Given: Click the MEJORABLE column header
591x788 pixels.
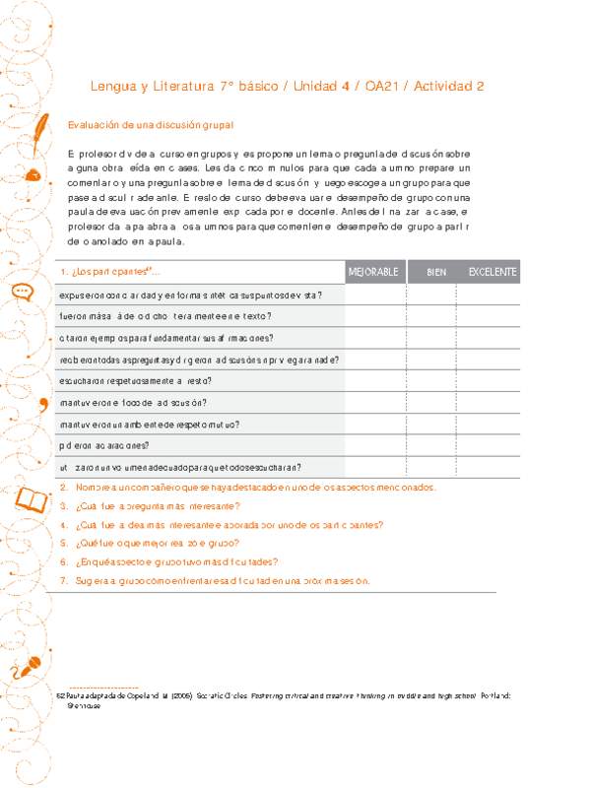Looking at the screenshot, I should pyautogui.click(x=373, y=272).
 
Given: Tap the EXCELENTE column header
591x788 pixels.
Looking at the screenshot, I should pyautogui.click(x=492, y=272).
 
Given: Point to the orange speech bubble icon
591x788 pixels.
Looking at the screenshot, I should pyautogui.click(x=22, y=292).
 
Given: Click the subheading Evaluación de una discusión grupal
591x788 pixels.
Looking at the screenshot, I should pyautogui.click(x=150, y=126).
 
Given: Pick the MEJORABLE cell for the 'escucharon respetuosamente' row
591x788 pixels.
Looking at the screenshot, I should pyautogui.click(x=374, y=381).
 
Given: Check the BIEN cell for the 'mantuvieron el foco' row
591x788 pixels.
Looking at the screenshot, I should pyautogui.click(x=430, y=403).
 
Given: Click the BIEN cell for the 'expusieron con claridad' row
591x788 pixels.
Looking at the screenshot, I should pyautogui.click(x=430, y=295).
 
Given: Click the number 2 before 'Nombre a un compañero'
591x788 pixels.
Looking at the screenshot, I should pyautogui.click(x=63, y=489).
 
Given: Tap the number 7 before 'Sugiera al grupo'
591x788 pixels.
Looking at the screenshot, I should pyautogui.click(x=63, y=581).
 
